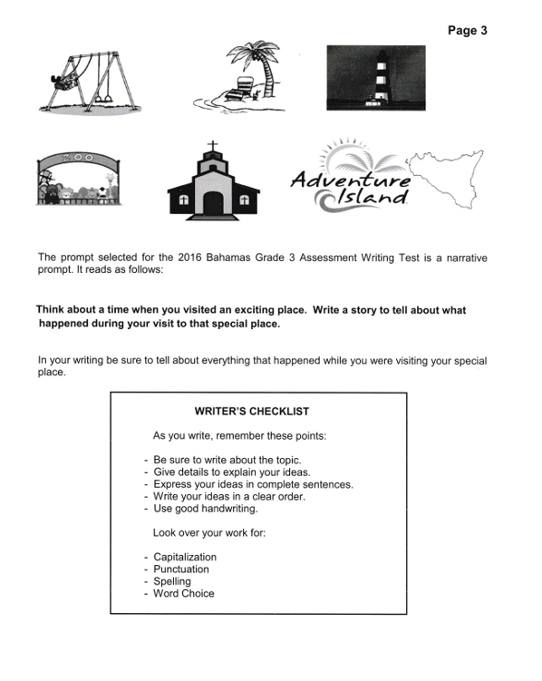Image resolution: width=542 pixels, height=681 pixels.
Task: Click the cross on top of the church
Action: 213,147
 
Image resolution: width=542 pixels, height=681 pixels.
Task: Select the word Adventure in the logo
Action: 350,181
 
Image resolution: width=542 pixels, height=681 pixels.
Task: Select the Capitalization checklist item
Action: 184,557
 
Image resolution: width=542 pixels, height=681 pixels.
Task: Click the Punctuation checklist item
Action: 180,569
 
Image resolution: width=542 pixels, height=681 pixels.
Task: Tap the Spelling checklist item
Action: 171,581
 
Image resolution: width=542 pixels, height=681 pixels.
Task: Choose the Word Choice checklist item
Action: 183,594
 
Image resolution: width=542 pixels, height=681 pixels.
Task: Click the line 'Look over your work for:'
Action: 208,533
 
